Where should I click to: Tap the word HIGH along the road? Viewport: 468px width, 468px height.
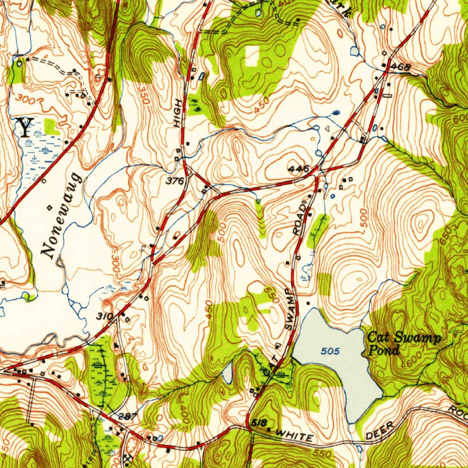(177, 112)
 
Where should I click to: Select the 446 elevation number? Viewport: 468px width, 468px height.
(299, 169)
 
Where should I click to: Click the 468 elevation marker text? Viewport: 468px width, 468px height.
(402, 68)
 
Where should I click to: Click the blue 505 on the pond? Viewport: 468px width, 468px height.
(330, 351)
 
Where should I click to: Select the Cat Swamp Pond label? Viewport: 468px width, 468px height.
(404, 344)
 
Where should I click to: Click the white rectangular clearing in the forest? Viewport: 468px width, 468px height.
(252, 55)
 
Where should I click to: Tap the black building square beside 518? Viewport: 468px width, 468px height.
(268, 430)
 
